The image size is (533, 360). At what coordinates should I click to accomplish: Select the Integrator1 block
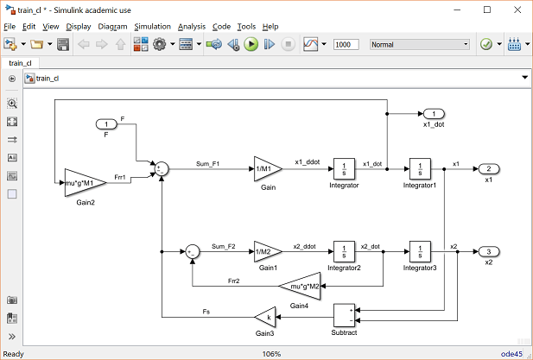point(420,168)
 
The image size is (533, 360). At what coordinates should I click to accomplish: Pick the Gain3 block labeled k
point(265,318)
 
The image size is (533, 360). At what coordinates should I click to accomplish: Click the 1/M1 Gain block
point(265,168)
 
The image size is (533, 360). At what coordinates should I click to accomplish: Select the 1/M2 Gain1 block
point(265,251)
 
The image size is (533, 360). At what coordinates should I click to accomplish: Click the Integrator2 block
point(344,251)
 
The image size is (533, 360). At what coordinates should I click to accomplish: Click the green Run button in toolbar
point(251,44)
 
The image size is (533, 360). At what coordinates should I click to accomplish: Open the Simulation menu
point(152,27)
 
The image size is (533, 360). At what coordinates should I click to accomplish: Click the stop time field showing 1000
point(346,44)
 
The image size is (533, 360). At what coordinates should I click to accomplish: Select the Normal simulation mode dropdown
point(419,44)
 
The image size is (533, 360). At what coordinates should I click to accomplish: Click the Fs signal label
point(206,312)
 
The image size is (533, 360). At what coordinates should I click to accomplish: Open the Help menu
point(270,27)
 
